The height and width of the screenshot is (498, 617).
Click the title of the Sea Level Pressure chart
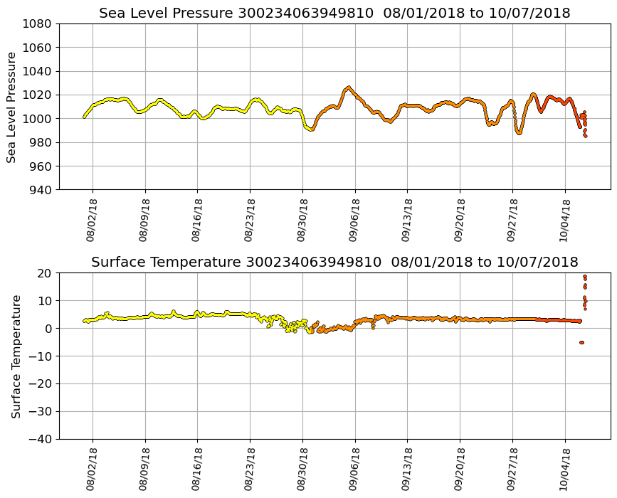(334, 14)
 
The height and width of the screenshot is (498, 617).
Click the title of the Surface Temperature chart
(334, 263)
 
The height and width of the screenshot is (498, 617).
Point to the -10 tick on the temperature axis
(41, 356)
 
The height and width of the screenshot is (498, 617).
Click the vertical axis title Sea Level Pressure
(12, 107)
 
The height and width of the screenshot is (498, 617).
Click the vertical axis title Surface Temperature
(16, 356)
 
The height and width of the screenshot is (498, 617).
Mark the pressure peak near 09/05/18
(347, 88)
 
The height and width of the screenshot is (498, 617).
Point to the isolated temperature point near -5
(581, 342)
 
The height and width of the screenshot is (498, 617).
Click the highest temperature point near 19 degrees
(585, 277)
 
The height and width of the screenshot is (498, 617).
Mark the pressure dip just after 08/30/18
(310, 129)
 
